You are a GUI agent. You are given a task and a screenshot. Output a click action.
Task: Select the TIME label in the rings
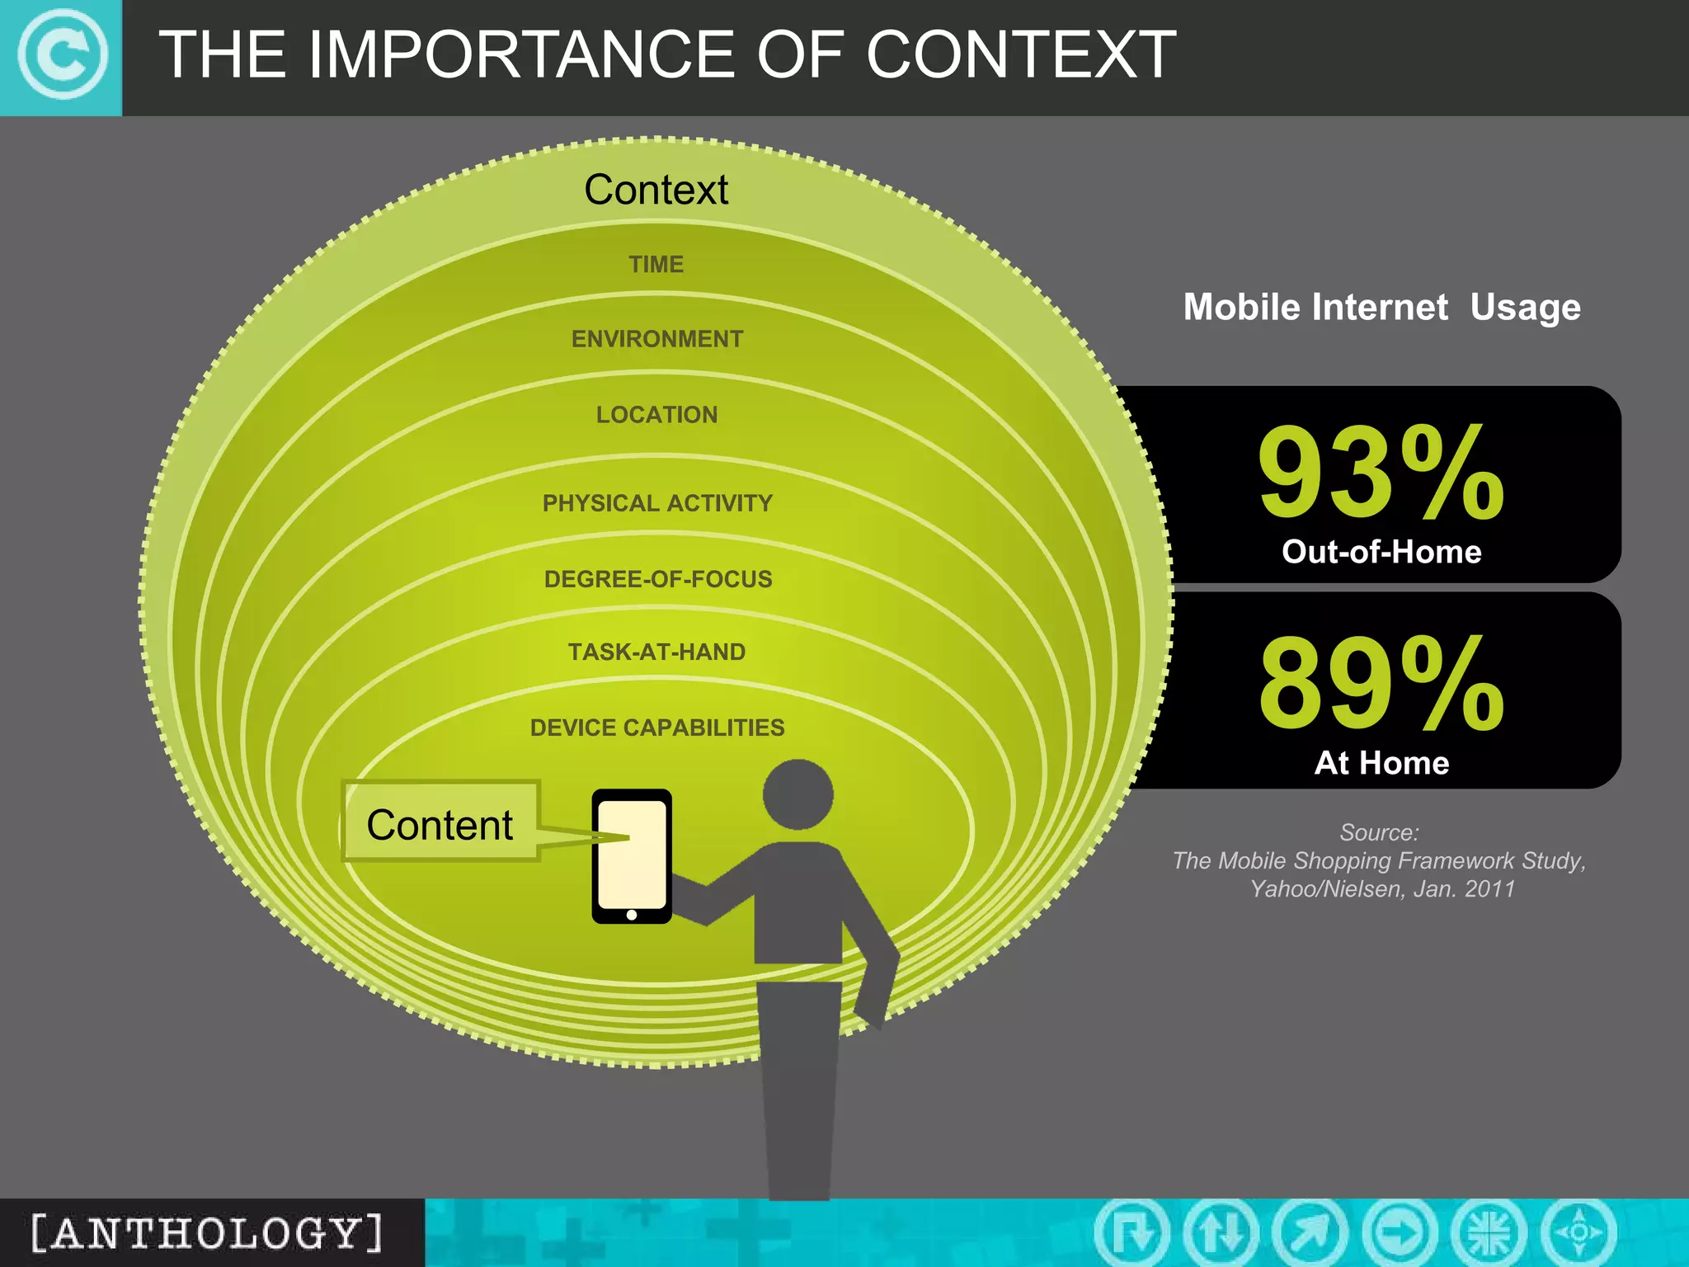pyautogui.click(x=656, y=264)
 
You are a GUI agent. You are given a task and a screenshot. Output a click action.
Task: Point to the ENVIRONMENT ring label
pyautogui.click(x=657, y=339)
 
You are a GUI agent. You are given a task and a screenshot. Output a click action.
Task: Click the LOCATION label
pyautogui.click(x=657, y=415)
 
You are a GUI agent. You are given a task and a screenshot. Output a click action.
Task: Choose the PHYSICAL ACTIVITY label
pyautogui.click(x=657, y=503)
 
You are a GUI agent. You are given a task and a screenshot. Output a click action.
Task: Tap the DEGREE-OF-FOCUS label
pyautogui.click(x=658, y=579)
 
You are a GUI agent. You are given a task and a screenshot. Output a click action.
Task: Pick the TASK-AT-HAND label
pyautogui.click(x=657, y=652)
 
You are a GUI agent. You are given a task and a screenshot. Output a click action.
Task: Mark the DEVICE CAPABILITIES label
pyautogui.click(x=657, y=728)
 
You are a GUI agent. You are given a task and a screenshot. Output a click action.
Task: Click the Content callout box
pyautogui.click(x=440, y=824)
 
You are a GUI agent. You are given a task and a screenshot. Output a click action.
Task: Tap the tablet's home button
pyautogui.click(x=632, y=915)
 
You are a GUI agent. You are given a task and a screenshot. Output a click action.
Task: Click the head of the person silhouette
pyautogui.click(x=797, y=794)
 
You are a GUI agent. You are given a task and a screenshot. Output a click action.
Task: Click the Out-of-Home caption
pyautogui.click(x=1381, y=552)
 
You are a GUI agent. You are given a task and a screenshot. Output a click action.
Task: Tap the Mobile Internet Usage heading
pyautogui.click(x=1381, y=308)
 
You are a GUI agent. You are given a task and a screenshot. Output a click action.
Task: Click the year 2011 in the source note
pyautogui.click(x=1489, y=889)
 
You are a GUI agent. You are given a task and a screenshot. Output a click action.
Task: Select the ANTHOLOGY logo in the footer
pyautogui.click(x=208, y=1233)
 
